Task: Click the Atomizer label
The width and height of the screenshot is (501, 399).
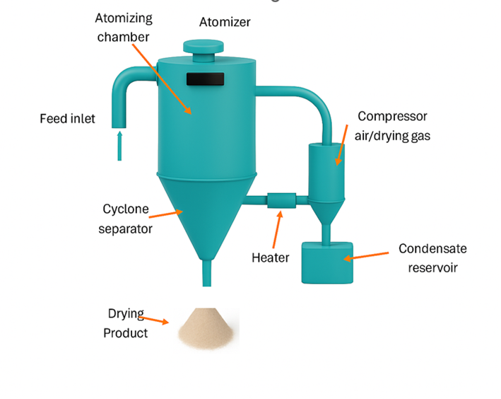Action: (x=225, y=22)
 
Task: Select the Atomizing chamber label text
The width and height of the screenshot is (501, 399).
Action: (x=124, y=27)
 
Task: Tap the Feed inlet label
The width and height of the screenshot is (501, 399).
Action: (x=67, y=118)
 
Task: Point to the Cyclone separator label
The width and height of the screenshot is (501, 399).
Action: (x=126, y=219)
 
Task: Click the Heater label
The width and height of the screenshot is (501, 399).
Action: (x=270, y=258)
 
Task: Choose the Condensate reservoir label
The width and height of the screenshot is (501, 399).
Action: (x=432, y=258)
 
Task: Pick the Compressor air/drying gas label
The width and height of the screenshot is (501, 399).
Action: (x=392, y=125)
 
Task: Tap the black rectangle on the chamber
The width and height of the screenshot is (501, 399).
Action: (x=205, y=79)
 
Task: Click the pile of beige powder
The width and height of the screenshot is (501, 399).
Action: (x=208, y=330)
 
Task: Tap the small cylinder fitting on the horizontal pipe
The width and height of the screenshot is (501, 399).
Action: (x=281, y=201)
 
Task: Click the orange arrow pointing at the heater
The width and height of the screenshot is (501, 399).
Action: (x=277, y=230)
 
